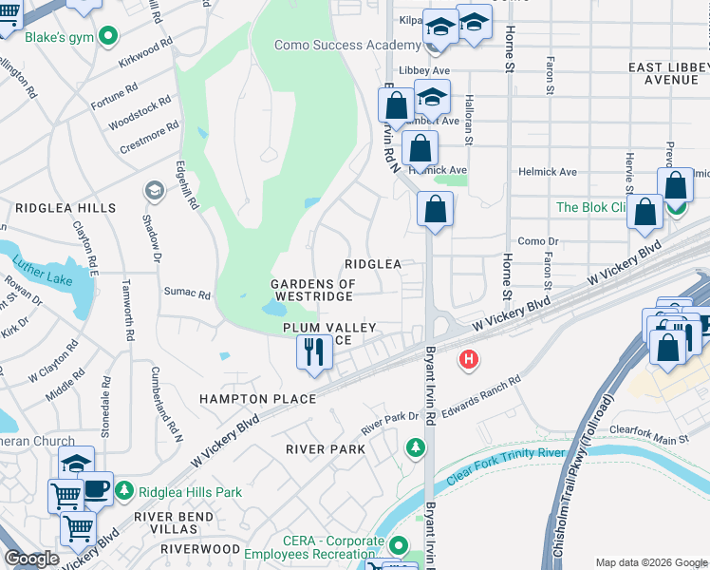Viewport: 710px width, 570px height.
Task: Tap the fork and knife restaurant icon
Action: [x=313, y=352]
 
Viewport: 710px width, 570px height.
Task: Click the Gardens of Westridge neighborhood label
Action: [x=312, y=290]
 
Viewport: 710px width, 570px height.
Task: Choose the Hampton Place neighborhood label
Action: [x=257, y=399]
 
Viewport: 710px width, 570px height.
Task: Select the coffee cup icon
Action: [x=96, y=488]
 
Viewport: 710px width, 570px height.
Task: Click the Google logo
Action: [x=31, y=559]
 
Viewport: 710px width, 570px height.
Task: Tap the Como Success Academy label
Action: [x=347, y=45]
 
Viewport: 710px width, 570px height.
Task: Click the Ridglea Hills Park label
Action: [x=191, y=492]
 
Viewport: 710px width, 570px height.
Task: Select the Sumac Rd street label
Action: [x=187, y=294]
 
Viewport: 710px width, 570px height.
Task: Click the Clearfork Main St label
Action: [x=650, y=440]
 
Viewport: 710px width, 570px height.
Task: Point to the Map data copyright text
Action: [x=650, y=562]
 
